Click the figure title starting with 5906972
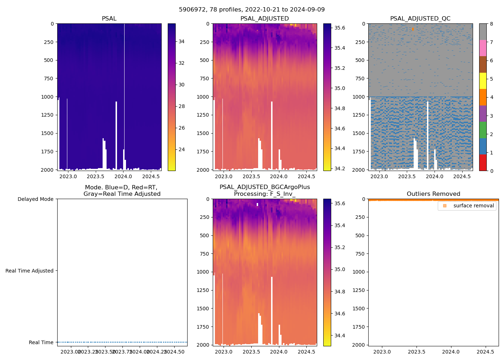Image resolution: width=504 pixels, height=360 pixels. pos(252,10)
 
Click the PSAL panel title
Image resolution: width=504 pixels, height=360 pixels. pos(109,19)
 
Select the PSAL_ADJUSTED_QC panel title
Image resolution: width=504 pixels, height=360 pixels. pos(420,19)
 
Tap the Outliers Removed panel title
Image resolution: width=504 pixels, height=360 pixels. pos(433,194)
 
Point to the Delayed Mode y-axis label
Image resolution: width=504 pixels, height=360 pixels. pos(35,199)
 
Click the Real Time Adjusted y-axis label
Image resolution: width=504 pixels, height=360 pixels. pos(29,271)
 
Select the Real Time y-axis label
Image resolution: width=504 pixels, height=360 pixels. pos(41,342)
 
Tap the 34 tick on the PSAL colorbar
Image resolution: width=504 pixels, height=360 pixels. pos(181,41)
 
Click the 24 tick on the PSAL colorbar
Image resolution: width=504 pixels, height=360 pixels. pos(181,149)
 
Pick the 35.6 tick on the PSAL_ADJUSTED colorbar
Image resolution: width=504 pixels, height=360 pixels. pos(340,28)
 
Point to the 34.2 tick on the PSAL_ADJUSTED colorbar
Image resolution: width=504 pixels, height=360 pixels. pos(340,168)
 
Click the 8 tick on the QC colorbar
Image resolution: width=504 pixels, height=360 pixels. pos(491,24)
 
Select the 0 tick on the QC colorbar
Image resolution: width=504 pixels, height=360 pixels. pos(491,171)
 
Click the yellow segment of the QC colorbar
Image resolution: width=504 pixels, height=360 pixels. pos(483,81)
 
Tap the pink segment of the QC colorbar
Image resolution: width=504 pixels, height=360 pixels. pos(483,48)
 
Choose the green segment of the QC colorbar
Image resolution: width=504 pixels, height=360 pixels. pos(483,130)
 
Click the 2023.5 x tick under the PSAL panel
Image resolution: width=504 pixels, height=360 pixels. pos(95,176)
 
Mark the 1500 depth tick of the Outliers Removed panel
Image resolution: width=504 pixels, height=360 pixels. pos(360,309)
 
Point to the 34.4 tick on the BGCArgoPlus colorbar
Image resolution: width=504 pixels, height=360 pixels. pos(340,336)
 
